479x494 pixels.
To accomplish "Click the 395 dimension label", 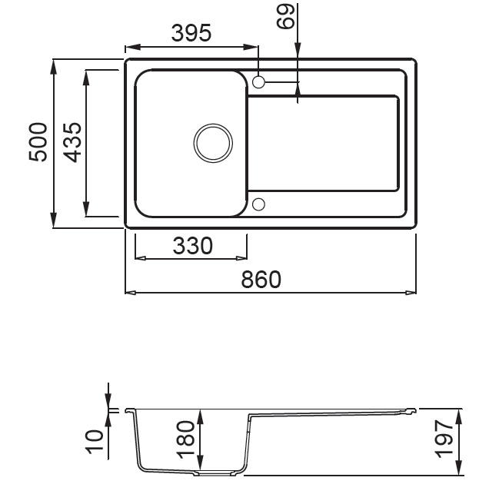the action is pyautogui.click(x=191, y=33).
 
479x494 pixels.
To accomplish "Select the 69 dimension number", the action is pyautogui.click(x=285, y=17).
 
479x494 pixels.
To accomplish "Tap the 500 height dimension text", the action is pyautogui.click(x=38, y=142).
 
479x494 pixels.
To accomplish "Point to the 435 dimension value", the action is pyautogui.click(x=72, y=142).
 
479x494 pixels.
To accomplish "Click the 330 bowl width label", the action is pyautogui.click(x=193, y=246).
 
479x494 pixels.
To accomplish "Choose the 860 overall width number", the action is pyautogui.click(x=261, y=279).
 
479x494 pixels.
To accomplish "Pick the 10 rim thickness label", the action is pyautogui.click(x=95, y=442).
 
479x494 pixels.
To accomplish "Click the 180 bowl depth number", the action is pyautogui.click(x=185, y=439).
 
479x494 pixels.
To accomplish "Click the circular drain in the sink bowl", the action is pyautogui.click(x=213, y=143).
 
